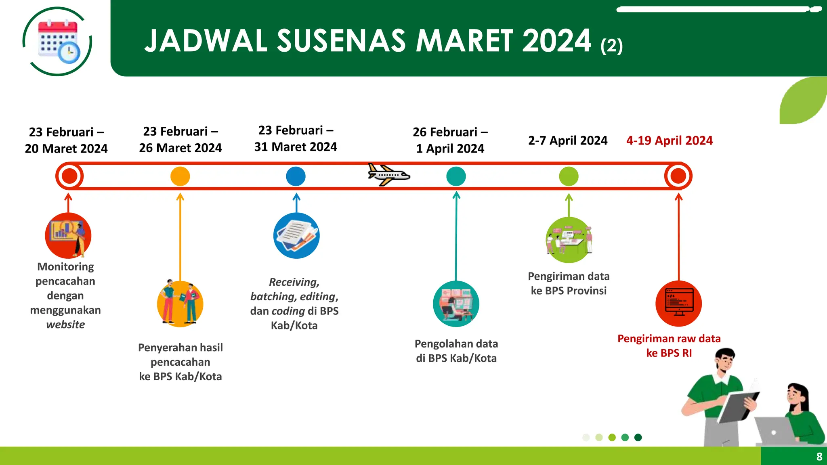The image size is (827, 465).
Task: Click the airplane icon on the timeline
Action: (x=388, y=175)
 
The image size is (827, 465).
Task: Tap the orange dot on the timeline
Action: (x=180, y=176)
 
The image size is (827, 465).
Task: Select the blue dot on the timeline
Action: (x=296, y=176)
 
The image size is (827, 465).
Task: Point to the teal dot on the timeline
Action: (x=456, y=176)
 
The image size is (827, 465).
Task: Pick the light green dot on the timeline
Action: (x=569, y=176)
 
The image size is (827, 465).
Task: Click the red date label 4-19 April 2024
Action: (x=669, y=140)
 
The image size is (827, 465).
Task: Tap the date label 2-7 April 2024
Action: (x=568, y=140)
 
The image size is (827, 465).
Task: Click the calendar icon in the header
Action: (x=58, y=42)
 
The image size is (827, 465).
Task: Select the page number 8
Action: (x=819, y=457)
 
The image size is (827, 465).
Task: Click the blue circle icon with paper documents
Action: (x=296, y=236)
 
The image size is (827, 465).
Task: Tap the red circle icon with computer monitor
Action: (x=678, y=304)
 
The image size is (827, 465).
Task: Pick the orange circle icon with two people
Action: (x=180, y=304)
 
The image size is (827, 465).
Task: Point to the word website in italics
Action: (x=65, y=325)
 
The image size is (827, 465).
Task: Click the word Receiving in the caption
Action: (x=294, y=282)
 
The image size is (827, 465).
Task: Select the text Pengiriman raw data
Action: (x=669, y=339)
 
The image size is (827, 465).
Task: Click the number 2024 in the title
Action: (x=556, y=41)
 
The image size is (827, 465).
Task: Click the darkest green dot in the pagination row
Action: (x=638, y=438)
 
